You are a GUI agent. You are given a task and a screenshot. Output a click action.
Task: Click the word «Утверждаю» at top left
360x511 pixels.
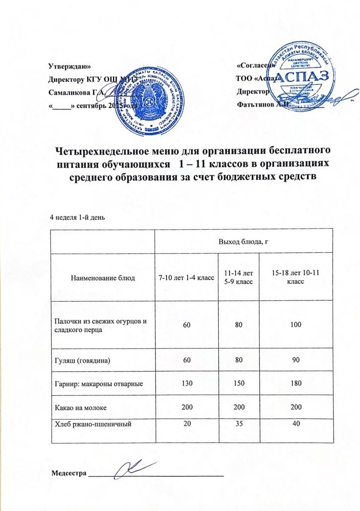pos(69,66)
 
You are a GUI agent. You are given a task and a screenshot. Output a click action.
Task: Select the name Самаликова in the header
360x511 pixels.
pos(68,92)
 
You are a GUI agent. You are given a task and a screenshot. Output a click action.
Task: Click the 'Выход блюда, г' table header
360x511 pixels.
pos(243,241)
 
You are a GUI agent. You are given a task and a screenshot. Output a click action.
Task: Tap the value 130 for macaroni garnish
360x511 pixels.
pos(186,383)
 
